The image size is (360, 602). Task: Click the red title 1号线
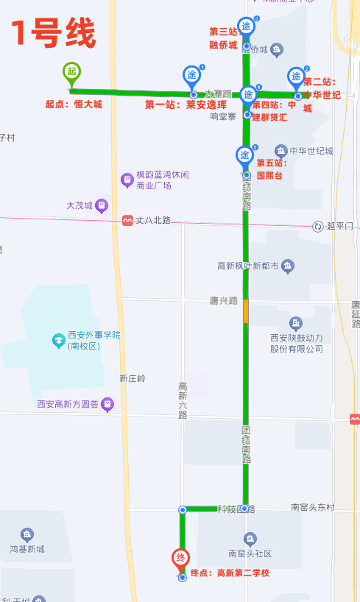pyautogui.click(x=53, y=33)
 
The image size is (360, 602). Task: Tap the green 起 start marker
pyautogui.click(x=71, y=71)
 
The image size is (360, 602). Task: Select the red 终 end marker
pyautogui.click(x=181, y=559)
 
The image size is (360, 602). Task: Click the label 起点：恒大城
pyautogui.click(x=74, y=105)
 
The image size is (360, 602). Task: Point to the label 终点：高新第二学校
pyautogui.click(x=230, y=573)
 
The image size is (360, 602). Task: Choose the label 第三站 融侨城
pyautogui.click(x=224, y=38)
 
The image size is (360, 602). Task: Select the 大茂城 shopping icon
pyautogui.click(x=102, y=205)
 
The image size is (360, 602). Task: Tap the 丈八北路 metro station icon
pyautogui.click(x=127, y=220)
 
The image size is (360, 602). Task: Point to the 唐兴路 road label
pyautogui.click(x=223, y=301)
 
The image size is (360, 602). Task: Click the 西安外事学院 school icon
pyautogui.click(x=58, y=340)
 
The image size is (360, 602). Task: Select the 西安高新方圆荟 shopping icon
pyautogui.click(x=107, y=404)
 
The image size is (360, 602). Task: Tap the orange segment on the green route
pyautogui.click(x=245, y=311)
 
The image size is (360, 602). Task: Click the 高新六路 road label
pyautogui.click(x=183, y=400)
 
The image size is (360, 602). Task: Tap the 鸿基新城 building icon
pyautogui.click(x=27, y=534)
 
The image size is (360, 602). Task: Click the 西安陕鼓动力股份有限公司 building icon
pyautogui.click(x=296, y=323)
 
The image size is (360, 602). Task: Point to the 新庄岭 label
pyautogui.click(x=133, y=378)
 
